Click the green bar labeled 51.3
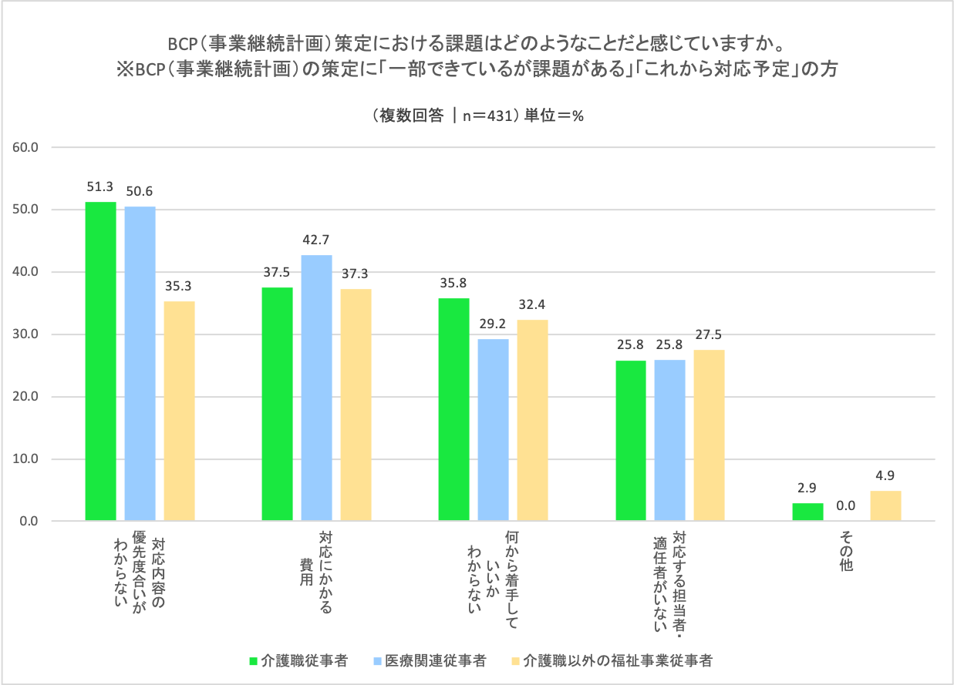100,361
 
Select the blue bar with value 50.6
140,364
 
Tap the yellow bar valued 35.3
179,411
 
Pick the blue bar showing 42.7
316,388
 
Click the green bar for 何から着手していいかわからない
453,410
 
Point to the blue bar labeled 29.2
493,430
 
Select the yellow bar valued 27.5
709,435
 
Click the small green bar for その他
807,512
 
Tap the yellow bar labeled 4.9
885,506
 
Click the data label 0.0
846,506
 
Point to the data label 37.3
356,274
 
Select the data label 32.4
532,304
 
